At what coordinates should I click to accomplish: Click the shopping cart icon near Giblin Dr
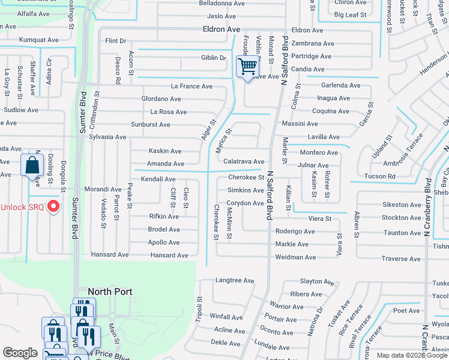247,66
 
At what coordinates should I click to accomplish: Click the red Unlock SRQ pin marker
53,207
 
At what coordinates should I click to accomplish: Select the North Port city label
110,292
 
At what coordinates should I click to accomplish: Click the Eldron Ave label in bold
221,29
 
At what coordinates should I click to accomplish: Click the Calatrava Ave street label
244,162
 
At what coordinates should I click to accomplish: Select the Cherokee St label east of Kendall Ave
246,178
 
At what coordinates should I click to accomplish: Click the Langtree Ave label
235,280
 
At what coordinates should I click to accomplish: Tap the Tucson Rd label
380,176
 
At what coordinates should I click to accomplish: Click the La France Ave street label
191,86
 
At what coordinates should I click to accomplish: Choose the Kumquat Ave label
38,40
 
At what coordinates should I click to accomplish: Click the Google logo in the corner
20,353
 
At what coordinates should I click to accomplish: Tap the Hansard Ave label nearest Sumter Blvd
110,255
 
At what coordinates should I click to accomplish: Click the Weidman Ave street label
295,257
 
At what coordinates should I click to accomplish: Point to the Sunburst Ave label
151,125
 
